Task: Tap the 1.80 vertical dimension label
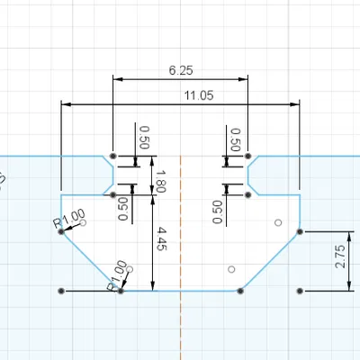163,175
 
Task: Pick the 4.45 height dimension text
163,244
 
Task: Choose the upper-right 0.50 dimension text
235,137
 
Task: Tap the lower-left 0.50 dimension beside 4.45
123,208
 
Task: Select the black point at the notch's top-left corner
112,156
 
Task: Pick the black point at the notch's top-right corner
248,156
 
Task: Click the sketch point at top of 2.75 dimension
300,231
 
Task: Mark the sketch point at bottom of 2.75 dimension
300,291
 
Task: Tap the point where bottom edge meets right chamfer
240,291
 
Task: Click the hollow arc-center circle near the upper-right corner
278,221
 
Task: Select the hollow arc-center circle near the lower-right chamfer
231,269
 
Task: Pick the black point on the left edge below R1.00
61,231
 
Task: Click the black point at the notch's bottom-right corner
248,194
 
